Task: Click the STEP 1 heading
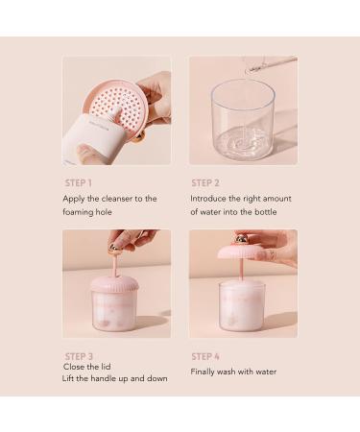click(79, 182)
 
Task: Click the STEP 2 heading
click(205, 182)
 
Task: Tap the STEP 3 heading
click(79, 356)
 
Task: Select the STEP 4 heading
click(205, 356)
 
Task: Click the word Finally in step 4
click(204, 372)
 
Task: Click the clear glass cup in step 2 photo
click(243, 120)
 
